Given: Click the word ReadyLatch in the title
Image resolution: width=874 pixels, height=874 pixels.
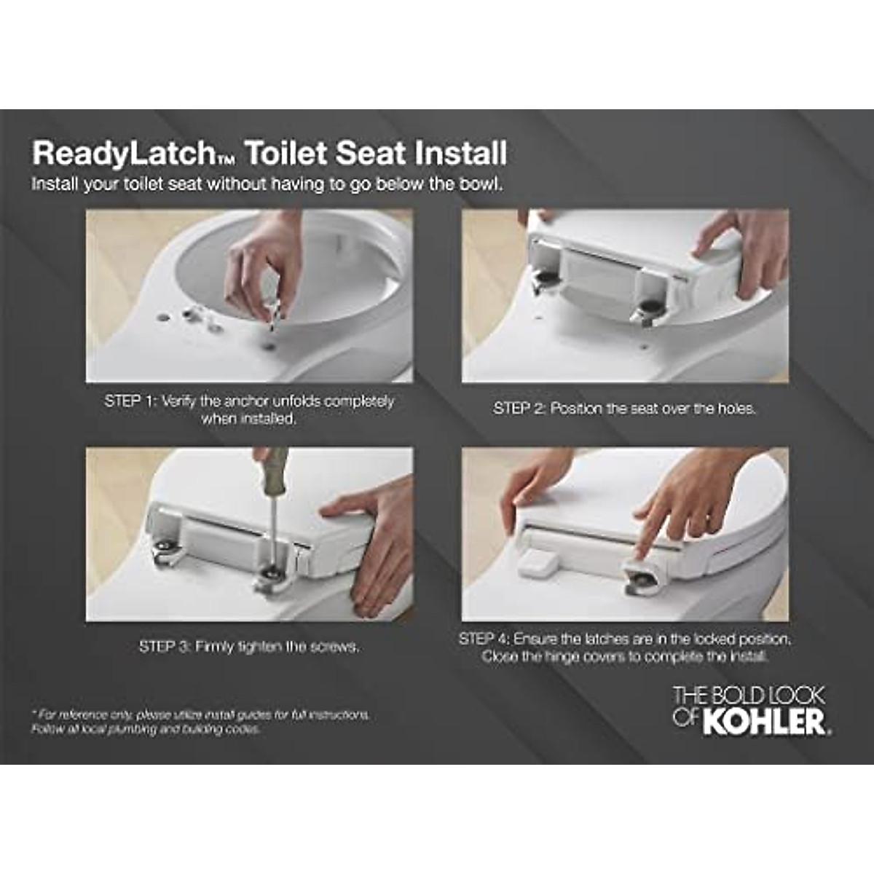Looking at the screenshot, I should click(120, 154).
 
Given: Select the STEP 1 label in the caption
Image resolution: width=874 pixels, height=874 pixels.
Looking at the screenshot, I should click(130, 401).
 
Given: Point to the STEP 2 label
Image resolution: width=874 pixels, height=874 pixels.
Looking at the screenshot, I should click(519, 409).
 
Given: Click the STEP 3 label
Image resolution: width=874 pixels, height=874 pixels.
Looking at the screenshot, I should click(164, 647).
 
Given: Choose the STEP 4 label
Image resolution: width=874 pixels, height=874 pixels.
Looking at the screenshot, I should click(484, 639).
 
